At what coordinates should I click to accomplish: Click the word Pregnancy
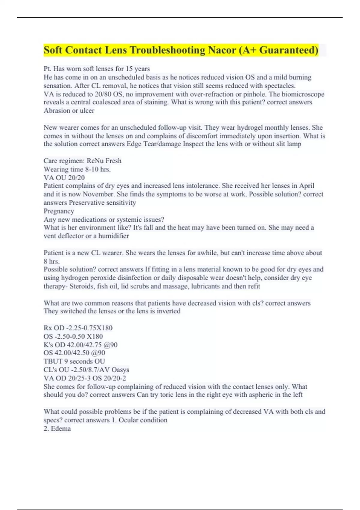coord(59,211)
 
